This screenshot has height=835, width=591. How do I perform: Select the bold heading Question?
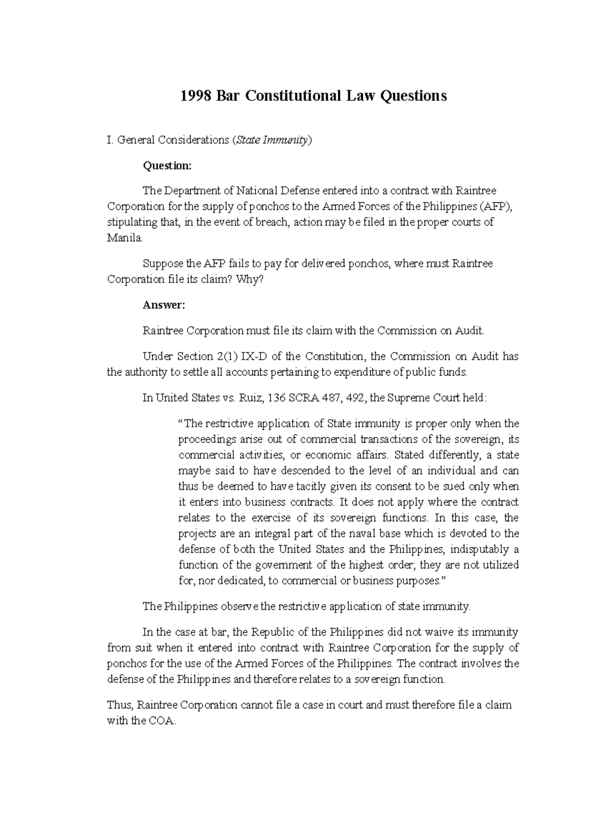[x=166, y=166]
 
